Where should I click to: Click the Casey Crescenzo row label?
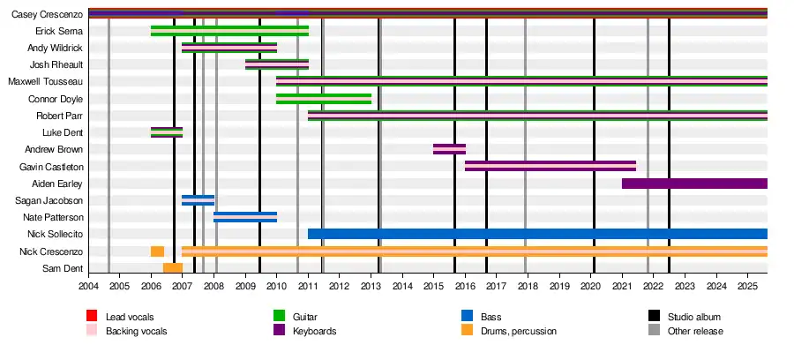(48, 14)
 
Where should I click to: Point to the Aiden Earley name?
(57, 184)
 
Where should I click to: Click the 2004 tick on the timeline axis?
(88, 286)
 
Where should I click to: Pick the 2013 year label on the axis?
(371, 286)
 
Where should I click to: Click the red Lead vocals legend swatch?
(92, 316)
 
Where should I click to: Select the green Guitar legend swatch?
(279, 316)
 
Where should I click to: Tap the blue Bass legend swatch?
(467, 316)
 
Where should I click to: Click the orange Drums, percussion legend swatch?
(467, 331)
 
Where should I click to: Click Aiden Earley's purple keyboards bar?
(694, 184)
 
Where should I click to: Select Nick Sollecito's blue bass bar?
(537, 234)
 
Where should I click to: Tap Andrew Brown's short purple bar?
(449, 149)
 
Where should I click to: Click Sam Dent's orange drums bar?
(173, 268)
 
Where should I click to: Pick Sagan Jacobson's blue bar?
(198, 200)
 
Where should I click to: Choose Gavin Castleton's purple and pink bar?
(550, 166)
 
